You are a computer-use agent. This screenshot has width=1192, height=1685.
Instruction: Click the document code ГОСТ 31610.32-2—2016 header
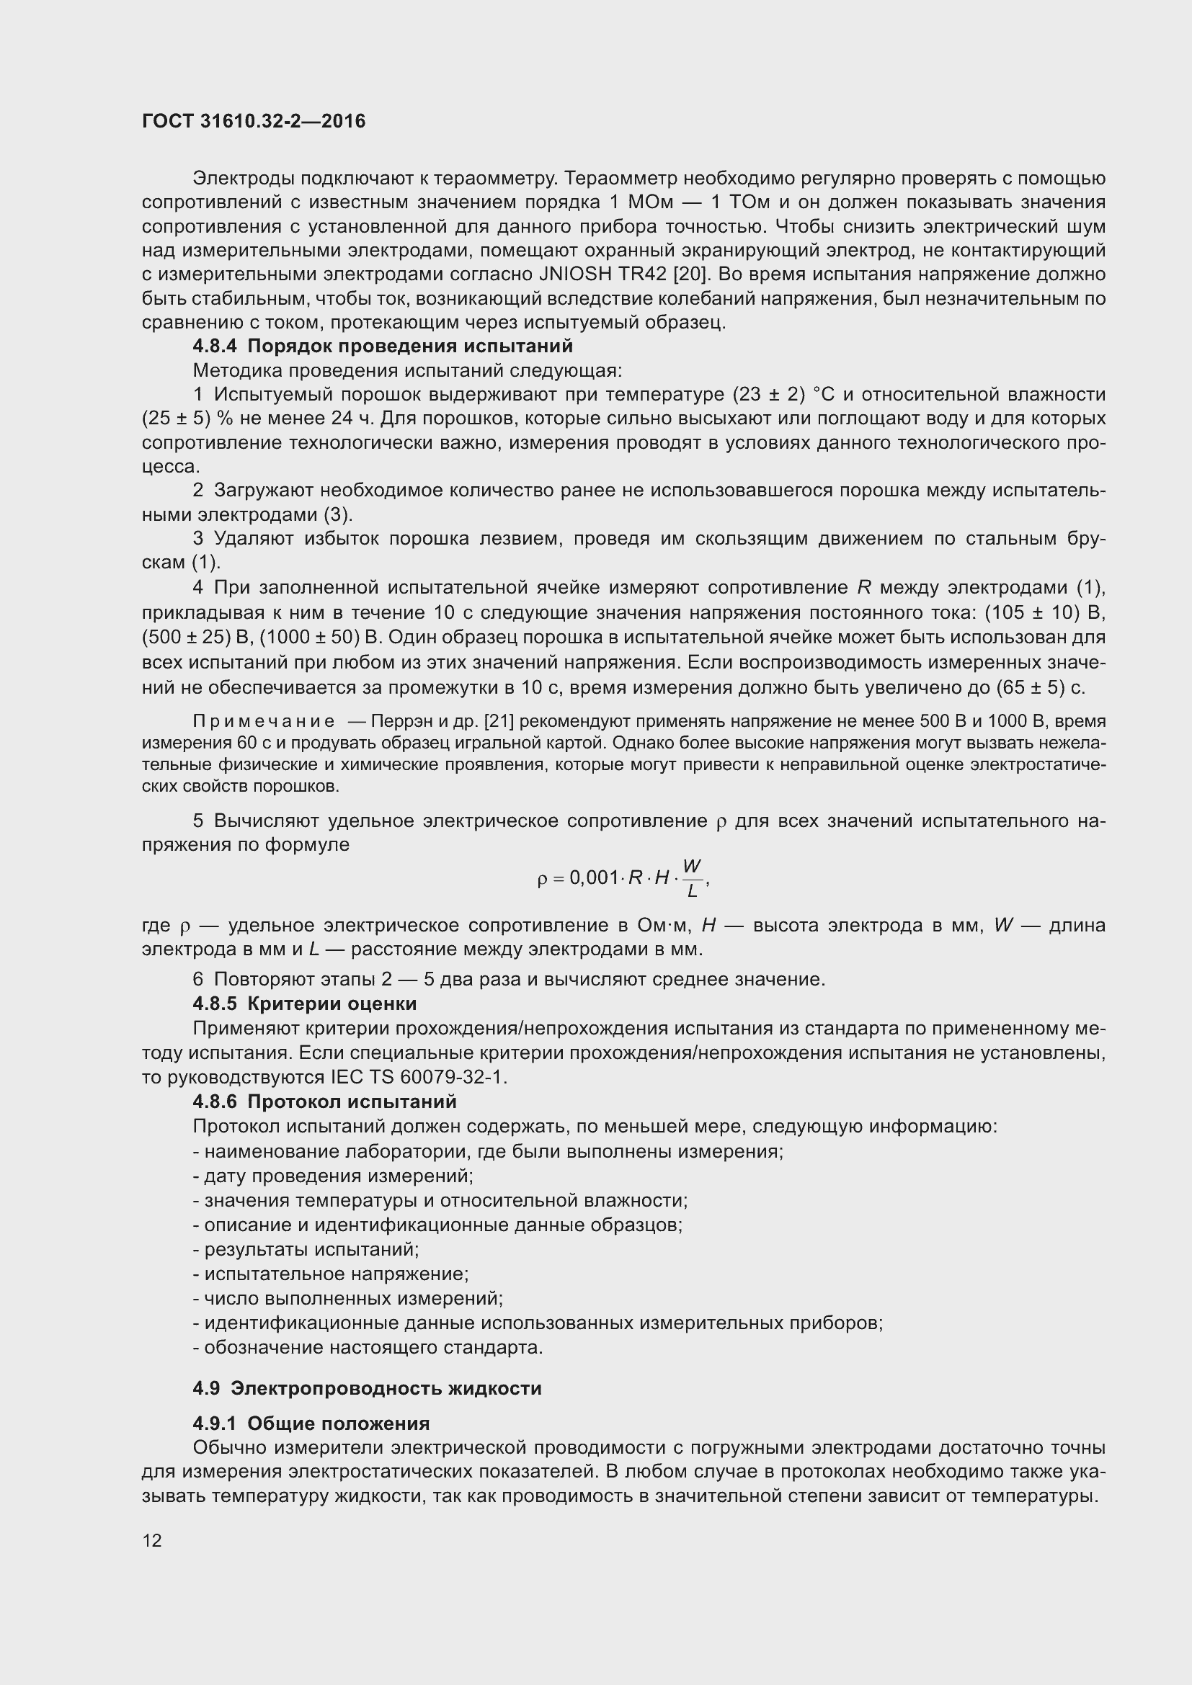pos(253,121)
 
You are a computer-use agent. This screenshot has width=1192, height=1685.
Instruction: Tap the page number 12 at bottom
pos(152,1540)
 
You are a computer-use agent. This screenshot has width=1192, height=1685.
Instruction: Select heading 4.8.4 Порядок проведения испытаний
pos(383,346)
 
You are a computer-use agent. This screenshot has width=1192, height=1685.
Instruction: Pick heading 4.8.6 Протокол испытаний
pos(324,1101)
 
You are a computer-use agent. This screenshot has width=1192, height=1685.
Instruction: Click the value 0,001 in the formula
pos(595,877)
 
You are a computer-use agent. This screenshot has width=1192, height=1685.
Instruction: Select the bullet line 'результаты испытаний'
pos(306,1249)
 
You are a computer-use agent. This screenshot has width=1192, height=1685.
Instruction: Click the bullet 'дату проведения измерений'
pos(333,1176)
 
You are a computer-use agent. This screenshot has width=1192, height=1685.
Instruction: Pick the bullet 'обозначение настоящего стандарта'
pos(368,1347)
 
